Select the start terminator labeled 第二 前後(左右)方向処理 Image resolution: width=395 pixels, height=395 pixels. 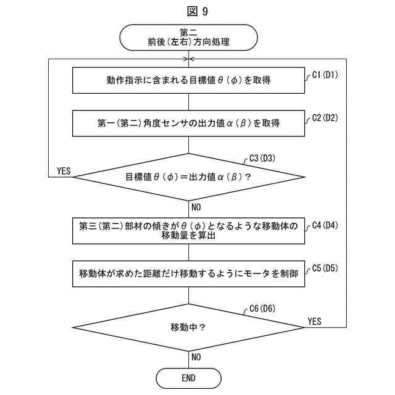click(x=188, y=37)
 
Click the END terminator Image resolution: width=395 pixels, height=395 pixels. click(x=188, y=378)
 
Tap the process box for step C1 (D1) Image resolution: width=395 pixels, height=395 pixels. click(x=188, y=80)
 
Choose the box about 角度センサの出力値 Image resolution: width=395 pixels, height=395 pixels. click(x=188, y=123)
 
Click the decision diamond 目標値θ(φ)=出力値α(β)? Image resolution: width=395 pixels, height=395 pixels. click(x=188, y=176)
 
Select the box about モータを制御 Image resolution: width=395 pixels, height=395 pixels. click(x=188, y=273)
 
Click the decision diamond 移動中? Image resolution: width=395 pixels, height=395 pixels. click(x=188, y=327)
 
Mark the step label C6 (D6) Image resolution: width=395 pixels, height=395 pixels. click(x=262, y=309)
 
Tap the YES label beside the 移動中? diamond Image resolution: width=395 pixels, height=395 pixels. click(x=314, y=321)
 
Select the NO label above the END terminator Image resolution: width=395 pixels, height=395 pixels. click(x=196, y=357)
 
